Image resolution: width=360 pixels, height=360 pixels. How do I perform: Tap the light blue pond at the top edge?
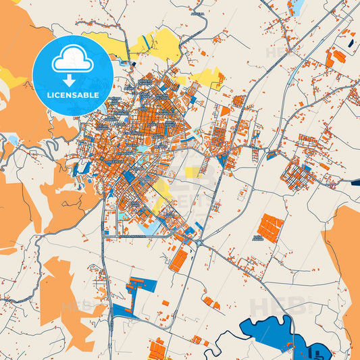click(296, 7)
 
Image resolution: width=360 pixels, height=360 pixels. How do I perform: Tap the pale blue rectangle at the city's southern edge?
click(145, 228)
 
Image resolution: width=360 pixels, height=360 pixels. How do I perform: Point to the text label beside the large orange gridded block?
click(257, 238)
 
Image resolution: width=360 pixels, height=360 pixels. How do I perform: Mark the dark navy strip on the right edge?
click(355, 180)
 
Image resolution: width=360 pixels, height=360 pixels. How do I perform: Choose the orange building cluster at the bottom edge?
click(158, 349)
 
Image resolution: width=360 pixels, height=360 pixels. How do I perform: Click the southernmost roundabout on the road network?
click(199, 242)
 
